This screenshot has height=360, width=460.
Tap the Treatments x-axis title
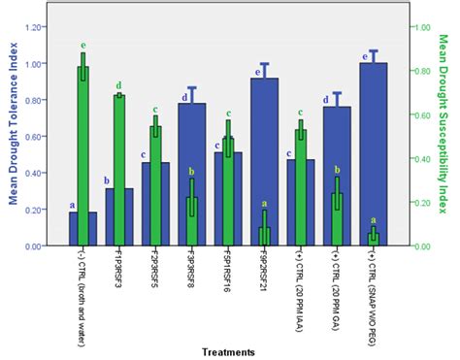click(x=229, y=350)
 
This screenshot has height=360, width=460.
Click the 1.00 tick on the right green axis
click(x=419, y=28)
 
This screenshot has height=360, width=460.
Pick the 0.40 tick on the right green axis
click(x=419, y=159)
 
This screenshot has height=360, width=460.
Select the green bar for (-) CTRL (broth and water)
click(x=83, y=156)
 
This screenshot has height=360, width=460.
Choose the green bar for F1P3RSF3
click(x=119, y=171)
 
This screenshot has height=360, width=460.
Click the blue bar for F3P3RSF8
click(x=191, y=175)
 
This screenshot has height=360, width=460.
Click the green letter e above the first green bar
click(x=83, y=46)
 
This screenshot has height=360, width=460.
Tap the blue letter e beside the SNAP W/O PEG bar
click(x=364, y=57)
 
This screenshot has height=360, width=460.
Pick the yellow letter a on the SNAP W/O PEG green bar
click(x=374, y=220)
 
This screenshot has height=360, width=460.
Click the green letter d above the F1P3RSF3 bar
click(x=119, y=85)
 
